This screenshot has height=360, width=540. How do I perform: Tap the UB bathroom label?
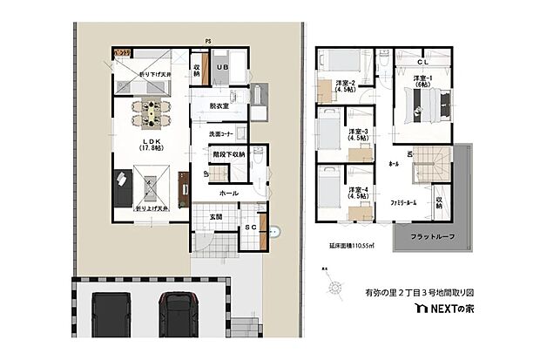click(x=222, y=67)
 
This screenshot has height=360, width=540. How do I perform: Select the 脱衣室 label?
click(x=219, y=105)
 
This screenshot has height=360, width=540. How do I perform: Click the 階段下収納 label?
click(x=228, y=153)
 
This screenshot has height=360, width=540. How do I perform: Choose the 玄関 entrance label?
click(x=203, y=216)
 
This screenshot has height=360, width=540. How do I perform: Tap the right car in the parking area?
click(x=180, y=314)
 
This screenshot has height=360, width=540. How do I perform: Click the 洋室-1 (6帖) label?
click(x=425, y=83)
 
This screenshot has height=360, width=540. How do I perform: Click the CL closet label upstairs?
click(x=422, y=62)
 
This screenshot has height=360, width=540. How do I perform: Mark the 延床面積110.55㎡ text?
click(x=351, y=247)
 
